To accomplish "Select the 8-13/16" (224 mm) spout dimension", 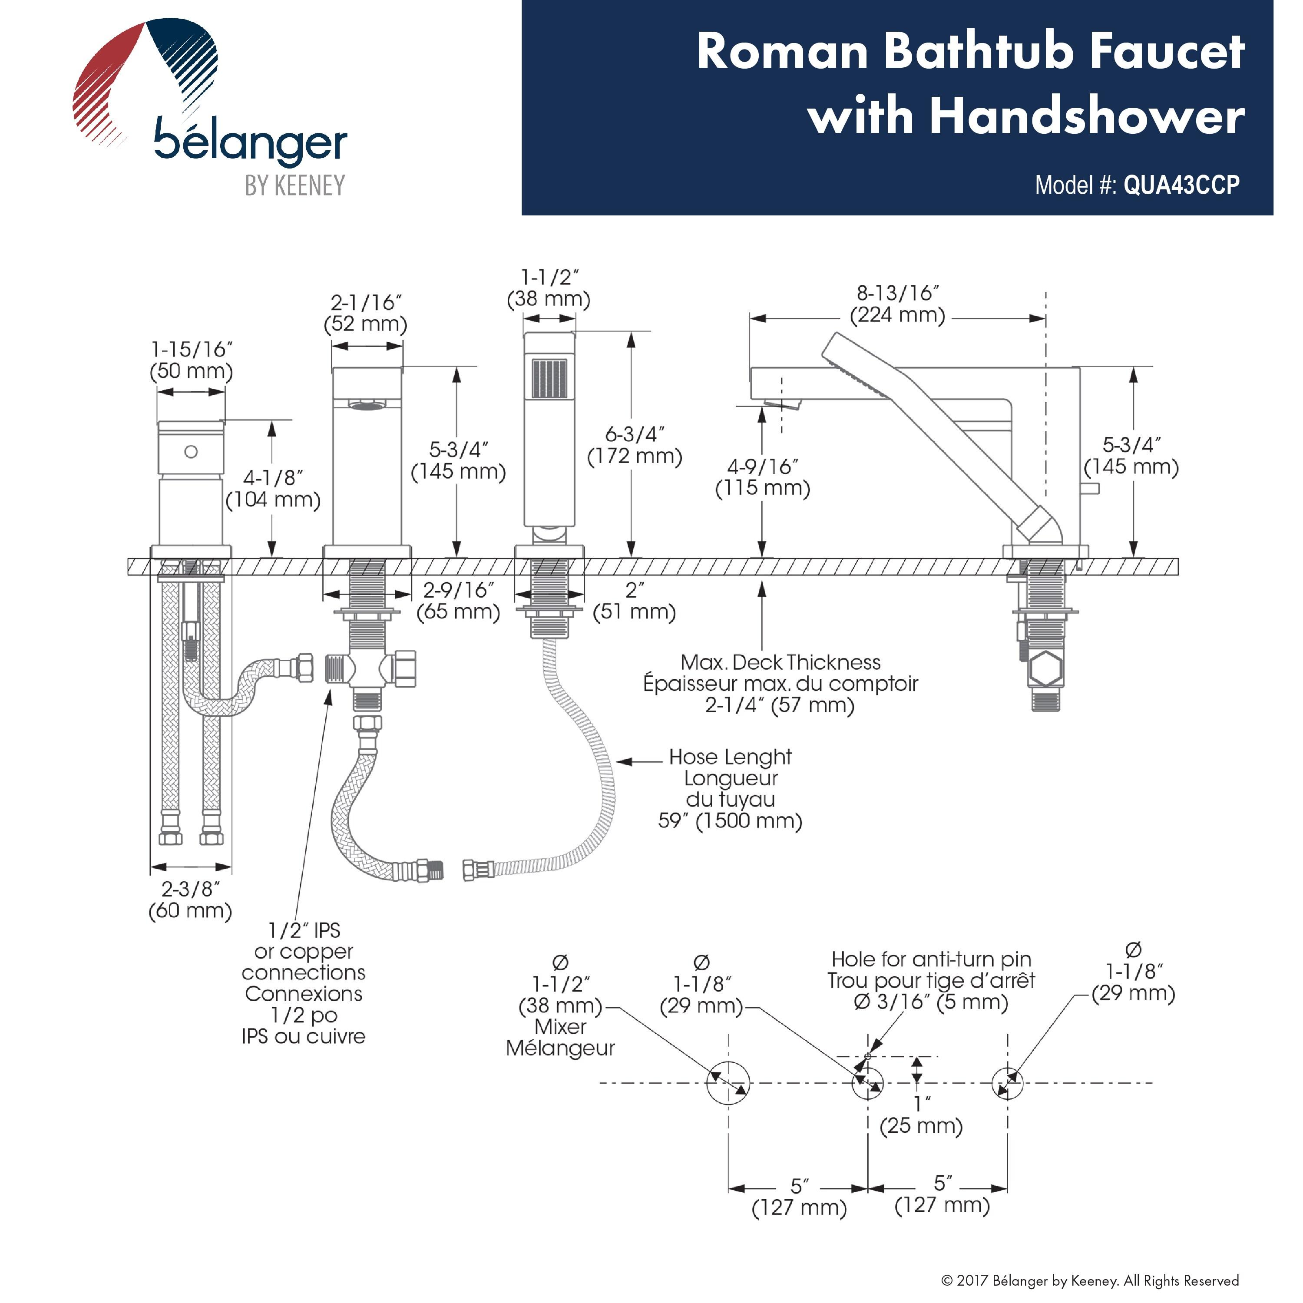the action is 897,304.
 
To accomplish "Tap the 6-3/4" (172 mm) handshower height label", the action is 635,445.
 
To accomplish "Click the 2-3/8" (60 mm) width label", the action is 190,899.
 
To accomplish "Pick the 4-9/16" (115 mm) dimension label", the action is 763,477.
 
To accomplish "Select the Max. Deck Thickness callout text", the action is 781,683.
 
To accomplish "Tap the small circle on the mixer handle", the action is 191,452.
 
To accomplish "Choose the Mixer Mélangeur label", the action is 560,1037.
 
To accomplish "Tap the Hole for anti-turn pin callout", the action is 931,980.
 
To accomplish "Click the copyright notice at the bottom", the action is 1090,1281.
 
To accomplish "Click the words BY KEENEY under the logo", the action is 295,185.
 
